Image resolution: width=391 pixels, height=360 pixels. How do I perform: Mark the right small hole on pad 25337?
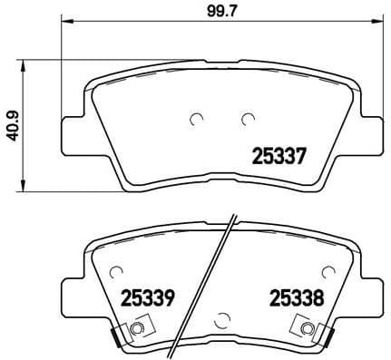click(247, 118)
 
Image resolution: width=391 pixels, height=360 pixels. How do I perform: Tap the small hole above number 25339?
click(116, 273)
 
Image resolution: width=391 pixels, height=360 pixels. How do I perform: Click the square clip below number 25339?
click(135, 328)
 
